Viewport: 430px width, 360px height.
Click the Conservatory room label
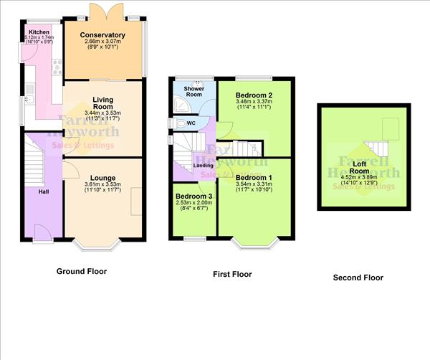tap(102, 35)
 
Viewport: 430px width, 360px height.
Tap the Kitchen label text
tap(39, 32)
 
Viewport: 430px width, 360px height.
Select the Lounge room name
tap(102, 178)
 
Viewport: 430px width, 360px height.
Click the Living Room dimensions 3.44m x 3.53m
tap(102, 113)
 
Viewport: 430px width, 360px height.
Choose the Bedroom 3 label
tap(193, 196)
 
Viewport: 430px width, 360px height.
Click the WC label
tap(191, 123)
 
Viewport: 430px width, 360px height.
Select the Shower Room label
tap(193, 90)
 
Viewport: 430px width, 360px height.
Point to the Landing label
tap(204, 166)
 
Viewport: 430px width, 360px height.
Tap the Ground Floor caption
tap(81, 272)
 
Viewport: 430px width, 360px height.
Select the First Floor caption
tap(231, 274)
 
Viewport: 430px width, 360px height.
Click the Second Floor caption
tap(358, 278)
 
